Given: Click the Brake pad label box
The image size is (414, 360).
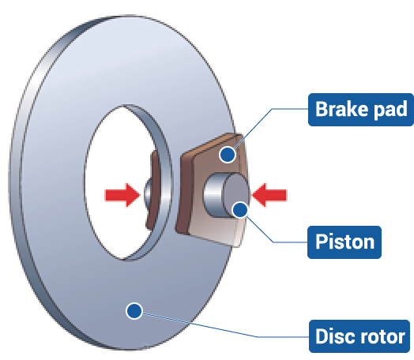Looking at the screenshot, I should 359,108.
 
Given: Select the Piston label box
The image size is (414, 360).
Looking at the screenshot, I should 344,240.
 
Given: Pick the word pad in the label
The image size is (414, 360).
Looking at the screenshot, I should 389,109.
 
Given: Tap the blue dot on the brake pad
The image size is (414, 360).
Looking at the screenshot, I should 228,155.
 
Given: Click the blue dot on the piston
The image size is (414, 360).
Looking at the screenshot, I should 239,209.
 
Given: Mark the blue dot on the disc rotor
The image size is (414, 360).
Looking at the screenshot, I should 134,311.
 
